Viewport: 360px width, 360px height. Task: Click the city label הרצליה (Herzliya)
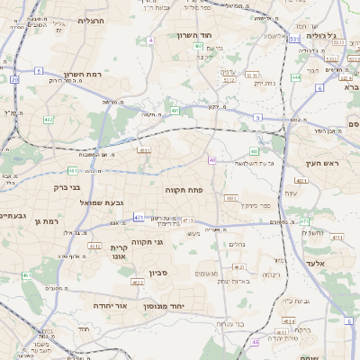92,20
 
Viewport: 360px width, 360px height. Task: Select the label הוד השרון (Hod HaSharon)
218,34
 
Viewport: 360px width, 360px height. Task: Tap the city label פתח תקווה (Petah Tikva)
185,191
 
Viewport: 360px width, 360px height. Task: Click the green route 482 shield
48,119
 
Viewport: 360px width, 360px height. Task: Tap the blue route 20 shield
14,79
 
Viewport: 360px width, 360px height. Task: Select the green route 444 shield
296,77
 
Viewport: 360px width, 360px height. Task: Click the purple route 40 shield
211,160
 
